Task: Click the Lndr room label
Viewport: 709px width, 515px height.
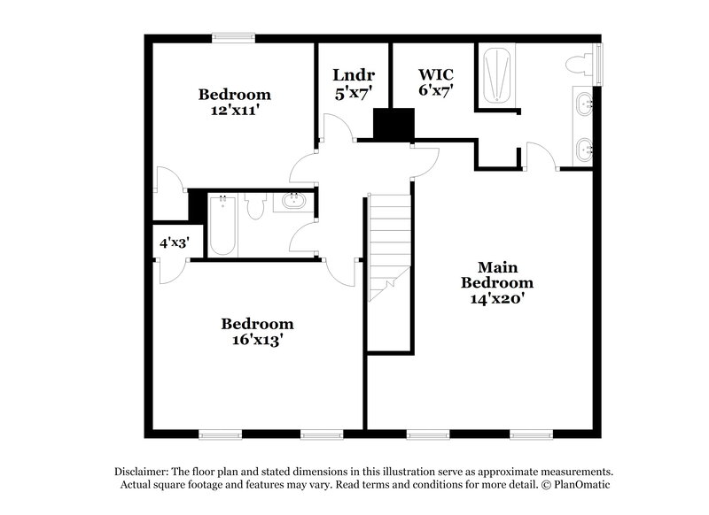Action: click(x=352, y=73)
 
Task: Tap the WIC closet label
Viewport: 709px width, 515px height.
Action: click(x=435, y=73)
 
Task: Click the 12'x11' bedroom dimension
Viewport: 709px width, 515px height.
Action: click(x=234, y=111)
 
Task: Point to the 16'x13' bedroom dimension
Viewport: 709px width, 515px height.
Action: click(x=257, y=340)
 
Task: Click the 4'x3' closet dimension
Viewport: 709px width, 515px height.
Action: click(x=175, y=242)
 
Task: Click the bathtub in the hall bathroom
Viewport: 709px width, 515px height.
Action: click(x=222, y=226)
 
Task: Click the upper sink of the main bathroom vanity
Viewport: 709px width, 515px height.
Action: click(x=584, y=105)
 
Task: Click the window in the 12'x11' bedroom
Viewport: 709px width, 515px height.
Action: click(x=234, y=37)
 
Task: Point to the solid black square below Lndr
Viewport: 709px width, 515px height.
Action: click(x=393, y=124)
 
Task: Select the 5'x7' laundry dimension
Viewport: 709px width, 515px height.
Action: click(x=352, y=91)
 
